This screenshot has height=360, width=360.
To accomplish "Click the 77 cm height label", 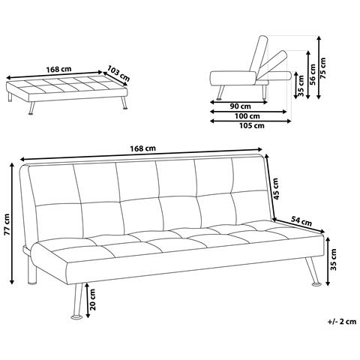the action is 7,224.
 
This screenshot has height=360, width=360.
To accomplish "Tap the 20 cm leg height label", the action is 93,299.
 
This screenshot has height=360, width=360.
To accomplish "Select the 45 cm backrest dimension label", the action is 275,189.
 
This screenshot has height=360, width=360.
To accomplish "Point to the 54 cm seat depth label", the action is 301,221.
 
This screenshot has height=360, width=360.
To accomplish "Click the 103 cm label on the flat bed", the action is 118,73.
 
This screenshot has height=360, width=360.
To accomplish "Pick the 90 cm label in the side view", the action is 240,106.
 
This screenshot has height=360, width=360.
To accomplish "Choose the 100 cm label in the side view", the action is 247,116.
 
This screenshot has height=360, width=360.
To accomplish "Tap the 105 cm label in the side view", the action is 252,125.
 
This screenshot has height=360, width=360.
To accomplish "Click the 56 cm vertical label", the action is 312,75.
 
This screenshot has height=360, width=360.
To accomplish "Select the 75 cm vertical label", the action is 323,68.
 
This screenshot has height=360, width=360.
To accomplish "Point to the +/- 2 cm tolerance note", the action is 342,322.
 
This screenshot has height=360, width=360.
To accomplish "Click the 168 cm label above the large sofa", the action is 142,148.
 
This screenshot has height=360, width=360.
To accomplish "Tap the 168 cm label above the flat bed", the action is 58,69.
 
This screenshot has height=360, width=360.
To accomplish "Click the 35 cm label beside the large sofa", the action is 334,259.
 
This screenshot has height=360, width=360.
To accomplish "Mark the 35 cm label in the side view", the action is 301,85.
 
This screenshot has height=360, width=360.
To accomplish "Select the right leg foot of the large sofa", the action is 316,284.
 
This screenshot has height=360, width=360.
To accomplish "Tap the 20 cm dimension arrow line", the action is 87,300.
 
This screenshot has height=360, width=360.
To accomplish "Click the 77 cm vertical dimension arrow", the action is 12,223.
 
